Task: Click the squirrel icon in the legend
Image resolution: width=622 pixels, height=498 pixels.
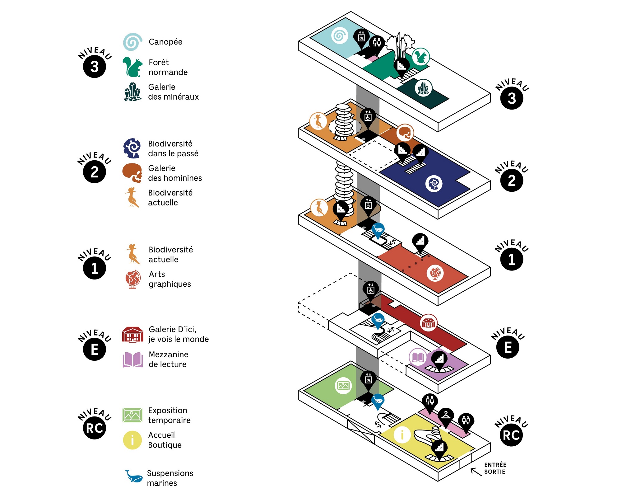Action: pyautogui.click(x=132, y=67)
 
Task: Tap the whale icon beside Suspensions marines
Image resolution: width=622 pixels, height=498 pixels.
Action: pyautogui.click(x=133, y=476)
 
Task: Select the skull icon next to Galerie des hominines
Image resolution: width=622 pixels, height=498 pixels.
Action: pyautogui.click(x=132, y=173)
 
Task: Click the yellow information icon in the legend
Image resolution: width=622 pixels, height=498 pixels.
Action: pyautogui.click(x=132, y=440)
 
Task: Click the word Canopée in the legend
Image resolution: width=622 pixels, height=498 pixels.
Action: pyautogui.click(x=165, y=42)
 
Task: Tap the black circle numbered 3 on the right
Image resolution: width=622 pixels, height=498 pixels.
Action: pyautogui.click(x=512, y=98)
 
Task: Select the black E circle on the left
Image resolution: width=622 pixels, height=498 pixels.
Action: pyautogui.click(x=95, y=349)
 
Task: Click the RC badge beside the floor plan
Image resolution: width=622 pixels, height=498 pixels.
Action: pyautogui.click(x=511, y=435)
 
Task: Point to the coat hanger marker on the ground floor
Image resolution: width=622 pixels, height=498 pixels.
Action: pyautogui.click(x=446, y=416)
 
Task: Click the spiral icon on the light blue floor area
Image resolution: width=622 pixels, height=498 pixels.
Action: pyautogui.click(x=340, y=35)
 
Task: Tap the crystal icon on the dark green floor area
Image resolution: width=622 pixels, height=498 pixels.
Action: pyautogui.click(x=423, y=88)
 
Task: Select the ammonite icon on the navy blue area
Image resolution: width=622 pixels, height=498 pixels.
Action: pyautogui.click(x=434, y=183)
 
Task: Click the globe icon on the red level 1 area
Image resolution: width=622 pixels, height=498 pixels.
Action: pyautogui.click(x=435, y=273)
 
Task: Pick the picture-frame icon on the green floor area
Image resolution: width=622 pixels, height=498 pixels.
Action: pyautogui.click(x=343, y=386)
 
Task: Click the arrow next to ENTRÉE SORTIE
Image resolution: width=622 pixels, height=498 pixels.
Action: pyautogui.click(x=476, y=472)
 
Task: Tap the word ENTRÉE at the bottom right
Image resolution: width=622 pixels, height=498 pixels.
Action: pyautogui.click(x=495, y=465)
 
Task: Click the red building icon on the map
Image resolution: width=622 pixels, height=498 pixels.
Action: pyautogui.click(x=429, y=323)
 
